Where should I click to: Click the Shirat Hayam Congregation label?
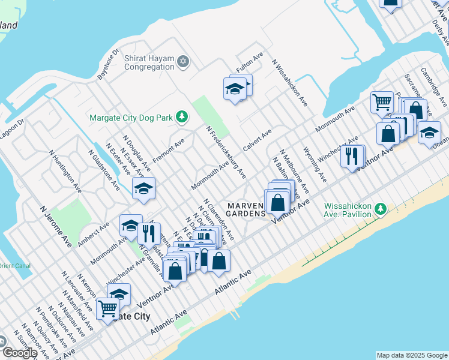pos(149,62)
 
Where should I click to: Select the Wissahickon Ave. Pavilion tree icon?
pos(380,209)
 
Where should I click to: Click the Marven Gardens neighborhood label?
pos(246,209)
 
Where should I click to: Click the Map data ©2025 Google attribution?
pos(412,355)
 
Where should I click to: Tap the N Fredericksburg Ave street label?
pos(226,152)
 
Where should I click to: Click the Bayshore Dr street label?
pos(109,65)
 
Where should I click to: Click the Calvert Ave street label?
pos(257,140)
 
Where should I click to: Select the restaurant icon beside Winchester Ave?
pos(352,155)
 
